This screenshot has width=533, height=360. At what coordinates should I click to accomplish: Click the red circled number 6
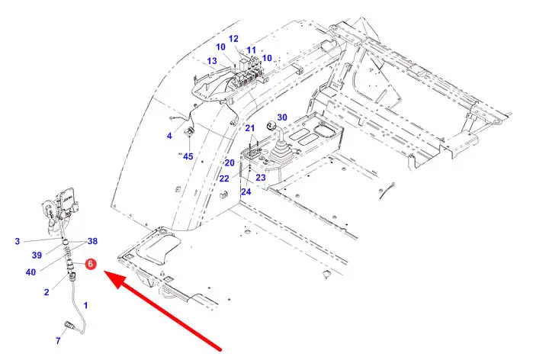[x=91, y=264]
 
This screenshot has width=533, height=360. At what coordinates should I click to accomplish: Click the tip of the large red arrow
[x=104, y=272]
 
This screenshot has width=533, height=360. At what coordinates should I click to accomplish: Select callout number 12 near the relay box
[x=233, y=39]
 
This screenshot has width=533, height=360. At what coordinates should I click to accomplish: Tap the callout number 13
[x=212, y=61]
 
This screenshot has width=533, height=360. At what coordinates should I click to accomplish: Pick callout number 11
[x=251, y=50]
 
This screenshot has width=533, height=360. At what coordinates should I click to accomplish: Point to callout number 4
[x=169, y=136]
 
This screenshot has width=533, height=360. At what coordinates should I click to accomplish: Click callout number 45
[x=188, y=156]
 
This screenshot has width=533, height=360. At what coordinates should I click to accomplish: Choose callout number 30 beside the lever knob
[x=282, y=117]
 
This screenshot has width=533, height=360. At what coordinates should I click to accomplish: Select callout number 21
[x=250, y=128]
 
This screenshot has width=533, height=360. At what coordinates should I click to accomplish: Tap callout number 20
[x=230, y=162]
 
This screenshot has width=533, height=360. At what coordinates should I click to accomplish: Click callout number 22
[x=224, y=178]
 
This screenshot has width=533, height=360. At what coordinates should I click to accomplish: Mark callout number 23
[x=261, y=178]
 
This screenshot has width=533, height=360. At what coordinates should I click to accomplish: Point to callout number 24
[x=246, y=191]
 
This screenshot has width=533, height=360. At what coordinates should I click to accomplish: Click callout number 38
[x=92, y=241]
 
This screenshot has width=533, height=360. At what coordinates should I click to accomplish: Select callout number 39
[x=37, y=255]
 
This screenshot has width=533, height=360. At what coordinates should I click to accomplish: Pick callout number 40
[x=31, y=272]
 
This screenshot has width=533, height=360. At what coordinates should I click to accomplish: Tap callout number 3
[x=18, y=241]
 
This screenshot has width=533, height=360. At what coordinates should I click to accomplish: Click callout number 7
[x=58, y=340]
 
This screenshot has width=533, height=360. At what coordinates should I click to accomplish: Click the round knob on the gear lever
[x=271, y=125]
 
